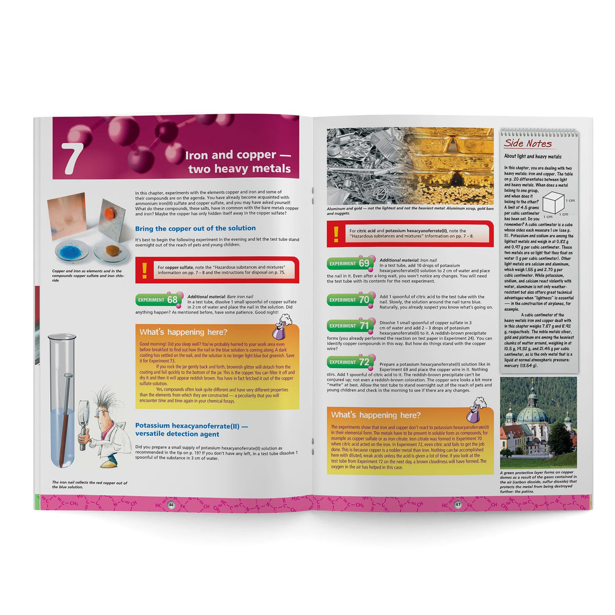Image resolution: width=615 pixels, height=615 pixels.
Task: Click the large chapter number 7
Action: click(x=72, y=158)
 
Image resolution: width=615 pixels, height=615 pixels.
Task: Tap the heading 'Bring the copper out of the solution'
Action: click(x=195, y=228)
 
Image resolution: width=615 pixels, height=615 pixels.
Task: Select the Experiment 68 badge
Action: click(x=159, y=300)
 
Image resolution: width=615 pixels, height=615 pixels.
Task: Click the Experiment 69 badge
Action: click(x=350, y=263)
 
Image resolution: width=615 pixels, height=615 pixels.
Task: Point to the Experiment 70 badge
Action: click(x=350, y=300)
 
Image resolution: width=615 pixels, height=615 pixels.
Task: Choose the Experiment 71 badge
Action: click(x=350, y=326)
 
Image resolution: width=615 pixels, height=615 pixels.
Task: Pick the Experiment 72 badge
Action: click(x=350, y=362)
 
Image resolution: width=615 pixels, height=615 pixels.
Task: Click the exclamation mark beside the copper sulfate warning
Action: click(x=145, y=270)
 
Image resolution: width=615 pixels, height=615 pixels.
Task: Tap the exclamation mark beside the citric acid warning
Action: click(x=336, y=234)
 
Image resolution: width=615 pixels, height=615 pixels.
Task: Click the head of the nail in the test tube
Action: click(x=68, y=376)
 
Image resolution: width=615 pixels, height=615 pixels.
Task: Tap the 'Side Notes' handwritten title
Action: click(x=527, y=143)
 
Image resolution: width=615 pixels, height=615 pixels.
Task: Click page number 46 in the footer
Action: click(x=171, y=505)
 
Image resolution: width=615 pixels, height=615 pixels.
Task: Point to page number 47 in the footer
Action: click(x=458, y=505)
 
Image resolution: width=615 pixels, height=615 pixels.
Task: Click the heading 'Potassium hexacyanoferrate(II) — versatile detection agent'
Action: click(x=191, y=430)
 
